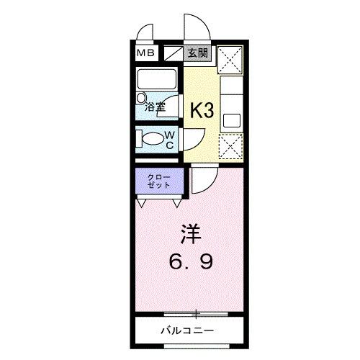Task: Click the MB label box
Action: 146,53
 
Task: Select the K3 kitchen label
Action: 202,110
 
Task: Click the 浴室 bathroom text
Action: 155,107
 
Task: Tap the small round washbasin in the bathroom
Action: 141,97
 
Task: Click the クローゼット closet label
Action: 159,181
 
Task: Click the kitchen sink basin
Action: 233,119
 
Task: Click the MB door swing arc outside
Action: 146,32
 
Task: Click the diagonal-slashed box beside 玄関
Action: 174,53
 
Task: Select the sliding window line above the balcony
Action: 194,314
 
